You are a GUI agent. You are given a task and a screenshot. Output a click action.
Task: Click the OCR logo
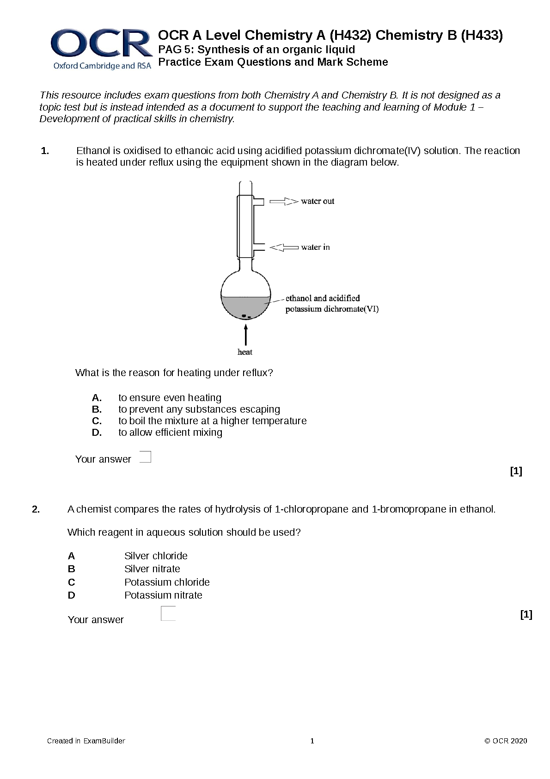coord(102,49)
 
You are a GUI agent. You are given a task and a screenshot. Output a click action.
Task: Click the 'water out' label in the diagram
coord(318,201)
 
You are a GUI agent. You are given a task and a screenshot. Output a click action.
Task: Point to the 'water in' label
coord(316,247)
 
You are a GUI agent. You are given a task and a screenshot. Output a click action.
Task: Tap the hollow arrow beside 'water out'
coord(284,201)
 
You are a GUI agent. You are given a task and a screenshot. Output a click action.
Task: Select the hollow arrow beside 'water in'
coord(283,247)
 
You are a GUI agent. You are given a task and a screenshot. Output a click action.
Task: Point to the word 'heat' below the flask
coord(245,352)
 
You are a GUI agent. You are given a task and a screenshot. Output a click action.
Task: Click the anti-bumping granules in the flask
coord(245,316)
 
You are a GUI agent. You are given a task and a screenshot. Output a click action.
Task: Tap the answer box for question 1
coord(145,457)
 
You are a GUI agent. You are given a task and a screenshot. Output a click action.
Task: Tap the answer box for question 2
coord(168,613)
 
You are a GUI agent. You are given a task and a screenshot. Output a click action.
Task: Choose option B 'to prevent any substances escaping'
coord(199,409)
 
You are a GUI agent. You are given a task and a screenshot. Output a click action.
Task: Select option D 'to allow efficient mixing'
coord(170,433)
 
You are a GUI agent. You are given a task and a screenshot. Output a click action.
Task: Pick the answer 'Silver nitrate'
coord(152,569)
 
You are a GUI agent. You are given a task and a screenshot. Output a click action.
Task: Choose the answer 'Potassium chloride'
coord(167,582)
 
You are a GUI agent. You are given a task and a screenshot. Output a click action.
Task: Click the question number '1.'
coord(45,151)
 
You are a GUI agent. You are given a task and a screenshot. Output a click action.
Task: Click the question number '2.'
coord(36,510)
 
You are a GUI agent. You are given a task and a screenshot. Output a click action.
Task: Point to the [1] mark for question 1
coord(516,471)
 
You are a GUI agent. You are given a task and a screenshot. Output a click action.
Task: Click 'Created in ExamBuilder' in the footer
coord(86,741)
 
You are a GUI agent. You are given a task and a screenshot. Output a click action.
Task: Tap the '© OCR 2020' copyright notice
coord(506,741)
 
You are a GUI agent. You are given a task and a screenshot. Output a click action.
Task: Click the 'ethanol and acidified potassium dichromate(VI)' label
coord(331,304)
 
